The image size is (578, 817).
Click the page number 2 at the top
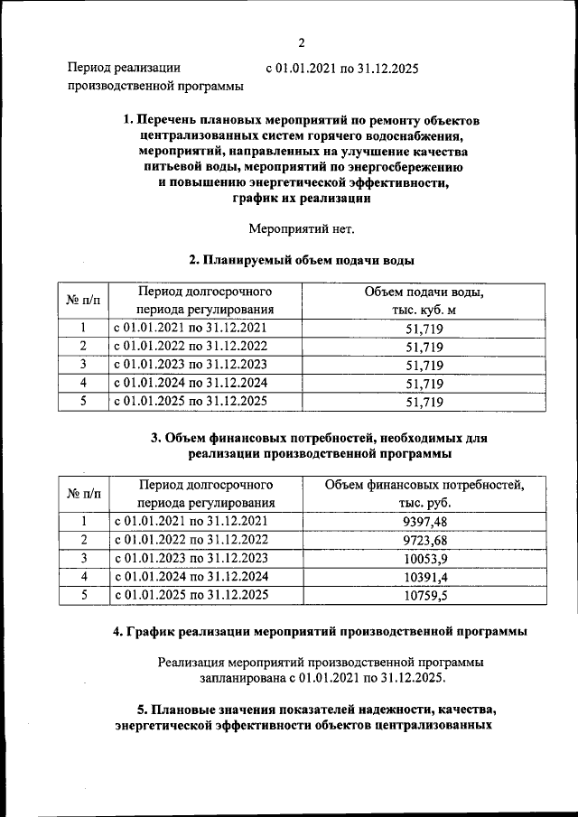pyautogui.click(x=303, y=41)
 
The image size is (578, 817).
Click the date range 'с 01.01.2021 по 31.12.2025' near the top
pyautogui.click(x=341, y=68)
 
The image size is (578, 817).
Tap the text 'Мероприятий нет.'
pyautogui.click(x=302, y=228)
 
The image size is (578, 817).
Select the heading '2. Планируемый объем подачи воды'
pyautogui.click(x=302, y=261)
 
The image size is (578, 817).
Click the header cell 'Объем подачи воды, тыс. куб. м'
pyautogui.click(x=424, y=302)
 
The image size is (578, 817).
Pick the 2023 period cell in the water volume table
pyautogui.click(x=191, y=364)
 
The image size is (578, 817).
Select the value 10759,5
pyautogui.click(x=424, y=595)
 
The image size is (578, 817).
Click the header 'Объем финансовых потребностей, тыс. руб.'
pyautogui.click(x=424, y=495)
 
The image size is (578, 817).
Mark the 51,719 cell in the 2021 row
pyautogui.click(x=424, y=329)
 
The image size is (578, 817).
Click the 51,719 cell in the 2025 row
pyautogui.click(x=424, y=402)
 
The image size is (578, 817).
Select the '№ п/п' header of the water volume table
pyautogui.click(x=83, y=302)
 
